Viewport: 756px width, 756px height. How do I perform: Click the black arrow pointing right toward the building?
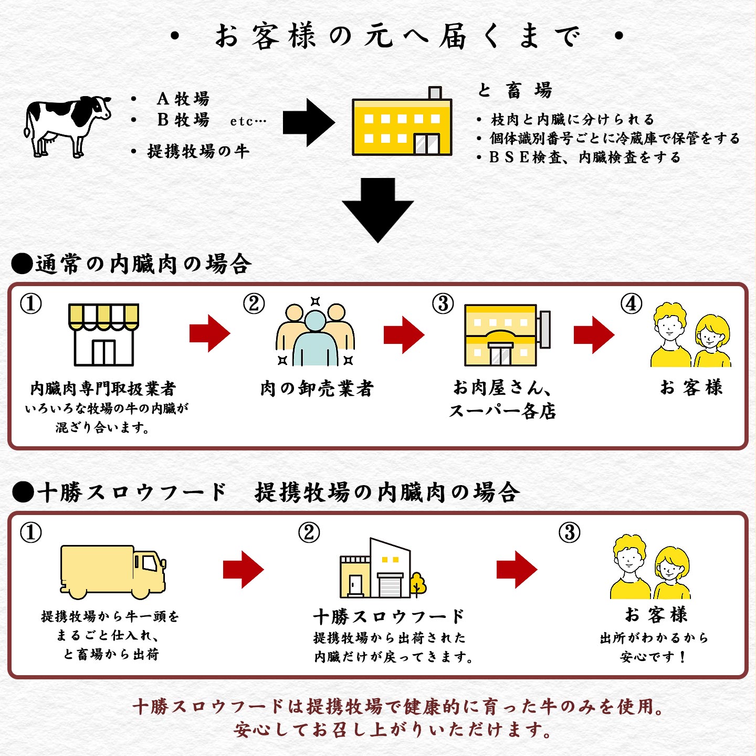(x=309, y=122)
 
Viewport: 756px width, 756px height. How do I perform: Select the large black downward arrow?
(x=378, y=210)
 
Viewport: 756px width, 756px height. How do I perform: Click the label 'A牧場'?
(x=183, y=99)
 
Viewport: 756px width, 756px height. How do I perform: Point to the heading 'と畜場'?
(x=514, y=90)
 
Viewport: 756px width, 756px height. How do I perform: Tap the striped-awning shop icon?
(x=104, y=334)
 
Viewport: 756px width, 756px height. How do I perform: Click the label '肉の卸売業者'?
(x=317, y=388)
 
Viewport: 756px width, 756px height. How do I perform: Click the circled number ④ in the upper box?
(x=631, y=303)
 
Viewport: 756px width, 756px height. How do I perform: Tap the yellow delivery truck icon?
(x=113, y=571)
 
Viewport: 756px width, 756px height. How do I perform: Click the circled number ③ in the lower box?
(x=570, y=533)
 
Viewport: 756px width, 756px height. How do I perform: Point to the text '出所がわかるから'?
(x=654, y=638)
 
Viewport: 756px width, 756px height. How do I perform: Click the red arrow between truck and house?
(x=243, y=569)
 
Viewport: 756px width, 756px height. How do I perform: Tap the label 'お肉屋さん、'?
(x=501, y=388)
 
